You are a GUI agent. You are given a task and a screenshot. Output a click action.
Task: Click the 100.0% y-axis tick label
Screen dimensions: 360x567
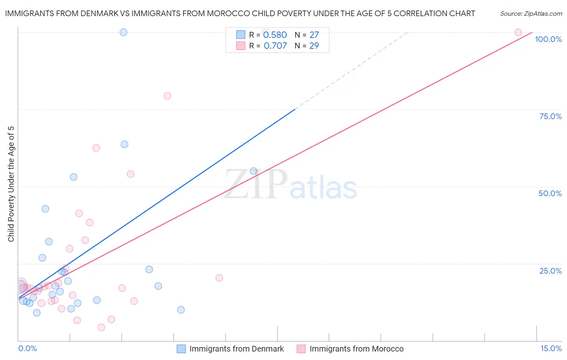point(548,39)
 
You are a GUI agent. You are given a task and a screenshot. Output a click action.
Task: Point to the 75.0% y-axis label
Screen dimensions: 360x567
point(550,116)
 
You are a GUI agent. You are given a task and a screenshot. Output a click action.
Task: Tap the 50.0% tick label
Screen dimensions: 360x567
point(550,193)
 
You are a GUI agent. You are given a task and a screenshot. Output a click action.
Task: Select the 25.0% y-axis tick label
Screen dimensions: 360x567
point(550,271)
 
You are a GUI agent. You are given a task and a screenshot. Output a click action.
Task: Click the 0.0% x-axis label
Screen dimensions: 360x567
point(27,348)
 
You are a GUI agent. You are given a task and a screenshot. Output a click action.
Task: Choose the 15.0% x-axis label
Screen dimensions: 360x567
point(551,348)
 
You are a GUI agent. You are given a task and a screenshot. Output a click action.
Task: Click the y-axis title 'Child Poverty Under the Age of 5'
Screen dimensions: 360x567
point(11,184)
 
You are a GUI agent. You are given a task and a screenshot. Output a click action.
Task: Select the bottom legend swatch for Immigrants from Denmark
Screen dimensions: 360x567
point(181,349)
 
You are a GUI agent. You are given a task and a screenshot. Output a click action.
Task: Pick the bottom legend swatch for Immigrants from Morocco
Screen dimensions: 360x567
point(301,349)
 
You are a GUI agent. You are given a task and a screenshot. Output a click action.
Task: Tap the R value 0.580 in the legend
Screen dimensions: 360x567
point(275,35)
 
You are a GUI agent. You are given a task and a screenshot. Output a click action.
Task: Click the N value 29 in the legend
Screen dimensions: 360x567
point(314,46)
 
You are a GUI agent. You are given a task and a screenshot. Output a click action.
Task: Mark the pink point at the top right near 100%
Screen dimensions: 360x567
point(518,32)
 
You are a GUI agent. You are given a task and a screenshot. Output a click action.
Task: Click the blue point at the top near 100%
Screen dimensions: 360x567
point(123,32)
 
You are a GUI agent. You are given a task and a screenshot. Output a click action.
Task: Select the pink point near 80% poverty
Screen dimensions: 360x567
point(167,96)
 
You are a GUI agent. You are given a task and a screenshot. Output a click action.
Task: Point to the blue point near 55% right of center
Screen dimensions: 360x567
point(254,171)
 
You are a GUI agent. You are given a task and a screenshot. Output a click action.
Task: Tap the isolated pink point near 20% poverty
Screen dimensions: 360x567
point(219,278)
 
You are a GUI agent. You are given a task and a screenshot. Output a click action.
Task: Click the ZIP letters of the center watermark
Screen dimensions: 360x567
point(256,184)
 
